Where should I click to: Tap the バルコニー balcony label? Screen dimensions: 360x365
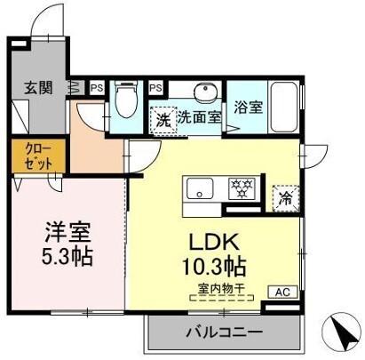coord(224,333)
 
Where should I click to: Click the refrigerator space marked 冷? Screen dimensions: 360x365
coord(286,197)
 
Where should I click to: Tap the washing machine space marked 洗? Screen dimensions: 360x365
coord(162,118)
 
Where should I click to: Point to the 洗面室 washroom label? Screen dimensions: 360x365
coord(198,117)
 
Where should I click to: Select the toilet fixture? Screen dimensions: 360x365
coord(126,102)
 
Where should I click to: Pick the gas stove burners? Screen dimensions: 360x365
coord(240,188)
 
